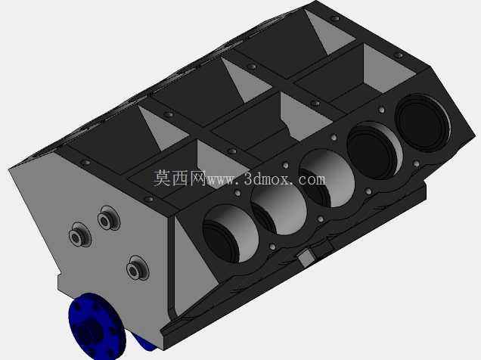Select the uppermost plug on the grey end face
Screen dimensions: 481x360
tap(109, 218)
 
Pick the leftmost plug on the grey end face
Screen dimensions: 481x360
tap(79, 234)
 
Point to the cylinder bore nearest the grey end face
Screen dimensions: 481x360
tap(231, 234)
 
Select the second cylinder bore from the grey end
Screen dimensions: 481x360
tap(279, 209)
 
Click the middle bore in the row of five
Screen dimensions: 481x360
tap(327, 178)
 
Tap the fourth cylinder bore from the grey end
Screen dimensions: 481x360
tap(374, 151)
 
